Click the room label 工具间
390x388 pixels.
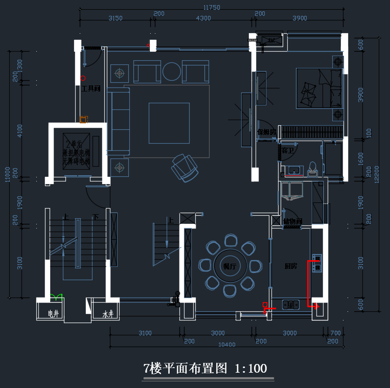tap(90, 89)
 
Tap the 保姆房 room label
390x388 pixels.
tap(266, 132)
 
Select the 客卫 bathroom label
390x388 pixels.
tap(287, 151)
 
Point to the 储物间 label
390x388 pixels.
tap(292, 221)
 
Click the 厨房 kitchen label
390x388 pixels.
tap(291, 266)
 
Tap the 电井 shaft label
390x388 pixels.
tap(53, 313)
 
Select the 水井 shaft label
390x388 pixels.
tap(107, 313)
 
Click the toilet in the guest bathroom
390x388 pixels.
tap(312, 169)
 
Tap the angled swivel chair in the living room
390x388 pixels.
tap(185, 167)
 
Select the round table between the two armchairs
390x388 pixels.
tap(171, 72)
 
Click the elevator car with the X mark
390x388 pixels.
tap(77, 149)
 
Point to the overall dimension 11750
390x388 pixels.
tap(211, 8)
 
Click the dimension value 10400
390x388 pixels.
tap(226, 345)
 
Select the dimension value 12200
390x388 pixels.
tap(377, 176)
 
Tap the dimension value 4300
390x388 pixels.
tap(203, 18)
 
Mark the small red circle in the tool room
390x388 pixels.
tap(82, 78)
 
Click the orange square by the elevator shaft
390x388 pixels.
tap(83, 120)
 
